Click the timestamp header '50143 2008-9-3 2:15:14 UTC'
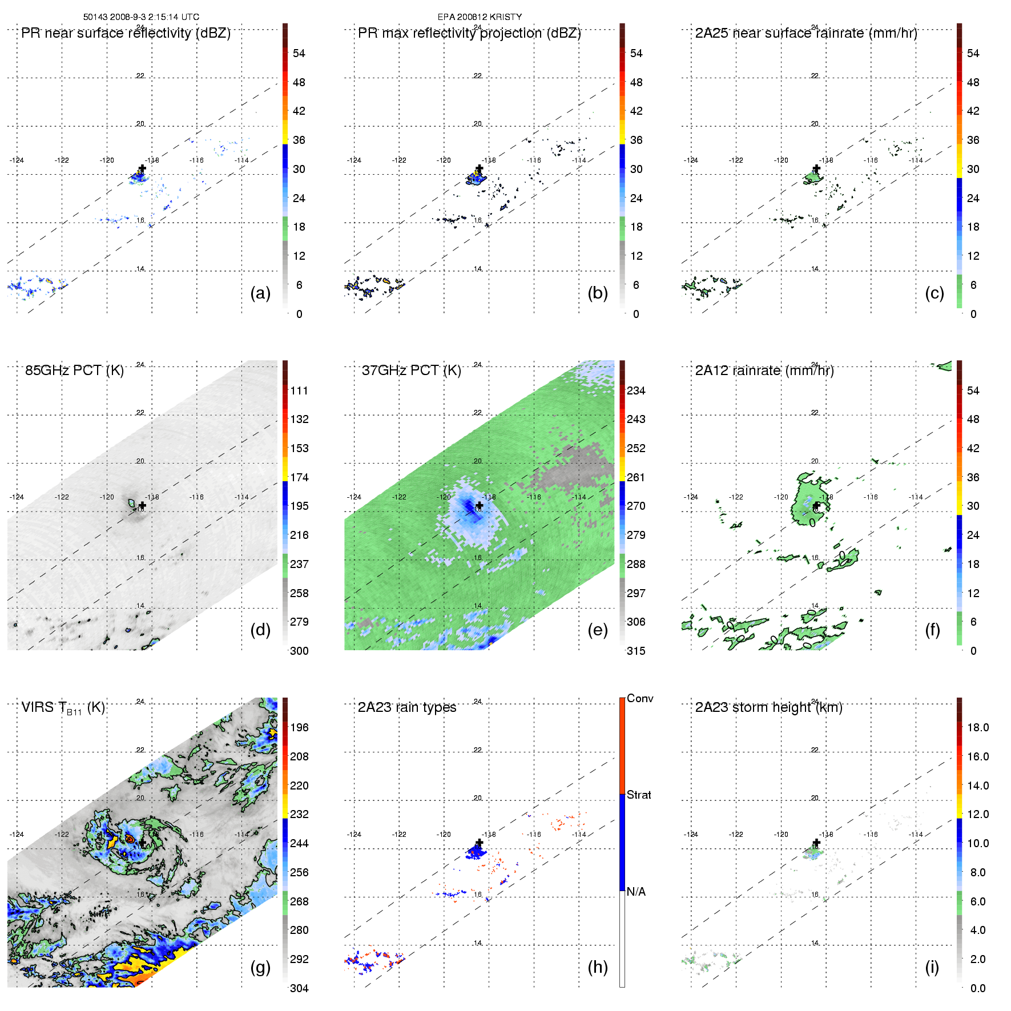coord(141,17)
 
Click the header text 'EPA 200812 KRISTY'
coord(480,17)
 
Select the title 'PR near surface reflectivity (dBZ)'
coord(126,33)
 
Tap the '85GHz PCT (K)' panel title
coord(74,370)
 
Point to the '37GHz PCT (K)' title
coord(411,370)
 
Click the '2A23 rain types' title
coord(406,707)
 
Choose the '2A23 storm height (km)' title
coord(768,707)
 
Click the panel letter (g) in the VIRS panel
coord(260,967)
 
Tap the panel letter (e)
coord(597,630)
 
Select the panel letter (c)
coord(934,293)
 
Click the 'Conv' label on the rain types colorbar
coord(639,698)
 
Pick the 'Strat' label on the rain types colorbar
coord(639,795)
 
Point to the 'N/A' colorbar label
coord(636,892)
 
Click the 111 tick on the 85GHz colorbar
coord(299,390)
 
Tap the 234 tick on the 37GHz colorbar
coord(636,390)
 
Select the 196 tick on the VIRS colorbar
coord(299,727)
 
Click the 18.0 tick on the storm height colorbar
coord(978,727)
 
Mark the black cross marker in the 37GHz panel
coord(479,506)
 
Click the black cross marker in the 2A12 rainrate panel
coord(816,506)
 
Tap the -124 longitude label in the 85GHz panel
coord(17,497)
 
